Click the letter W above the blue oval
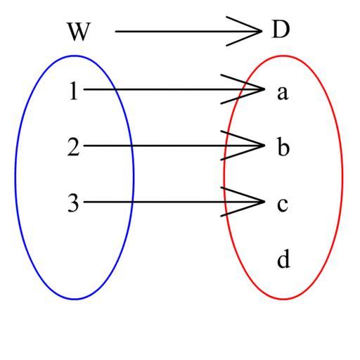79,32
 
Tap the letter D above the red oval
281,30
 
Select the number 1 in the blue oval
74,91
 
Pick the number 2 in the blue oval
73,147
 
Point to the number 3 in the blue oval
73,203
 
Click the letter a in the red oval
283,93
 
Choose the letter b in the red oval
283,146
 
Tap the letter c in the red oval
283,205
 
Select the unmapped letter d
283,259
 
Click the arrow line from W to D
188,31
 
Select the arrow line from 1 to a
174,89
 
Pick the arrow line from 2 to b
174,146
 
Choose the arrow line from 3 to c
174,202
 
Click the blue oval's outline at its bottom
75,299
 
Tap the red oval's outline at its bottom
283,299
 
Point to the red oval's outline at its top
283,56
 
